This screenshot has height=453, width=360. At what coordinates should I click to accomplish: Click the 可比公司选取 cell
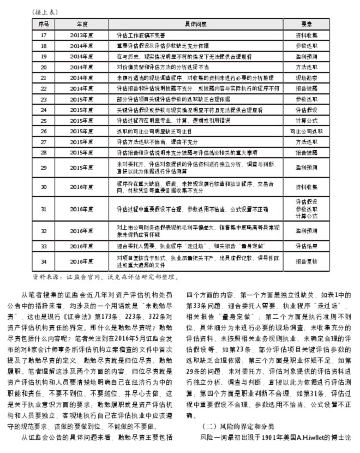[306, 132]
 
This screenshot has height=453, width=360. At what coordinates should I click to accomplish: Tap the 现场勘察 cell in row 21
[306, 78]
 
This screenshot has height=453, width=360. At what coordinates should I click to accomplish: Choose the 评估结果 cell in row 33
[306, 246]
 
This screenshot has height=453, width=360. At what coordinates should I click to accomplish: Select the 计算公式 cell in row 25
[306, 121]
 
